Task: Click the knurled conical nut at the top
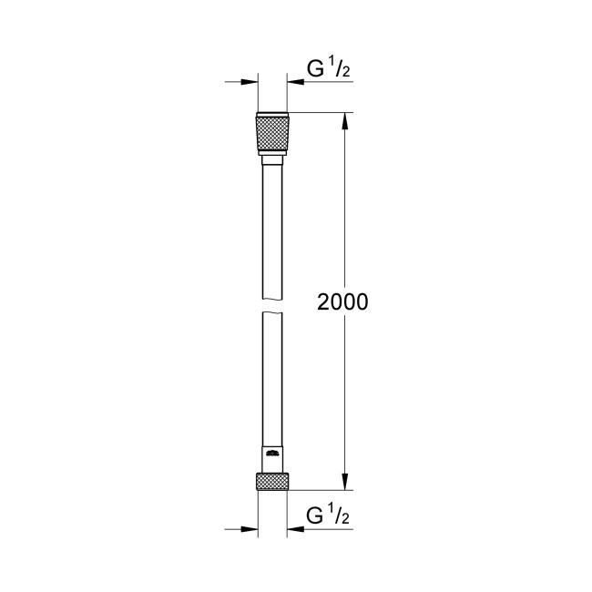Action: [272, 135]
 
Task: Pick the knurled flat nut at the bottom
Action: [272, 482]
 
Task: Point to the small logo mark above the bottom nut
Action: [271, 454]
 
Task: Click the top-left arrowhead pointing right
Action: [249, 82]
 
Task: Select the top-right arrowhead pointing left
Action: [297, 82]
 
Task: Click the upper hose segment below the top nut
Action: [272, 219]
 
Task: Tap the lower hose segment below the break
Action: [272, 383]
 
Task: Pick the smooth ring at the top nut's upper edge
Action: [272, 115]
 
